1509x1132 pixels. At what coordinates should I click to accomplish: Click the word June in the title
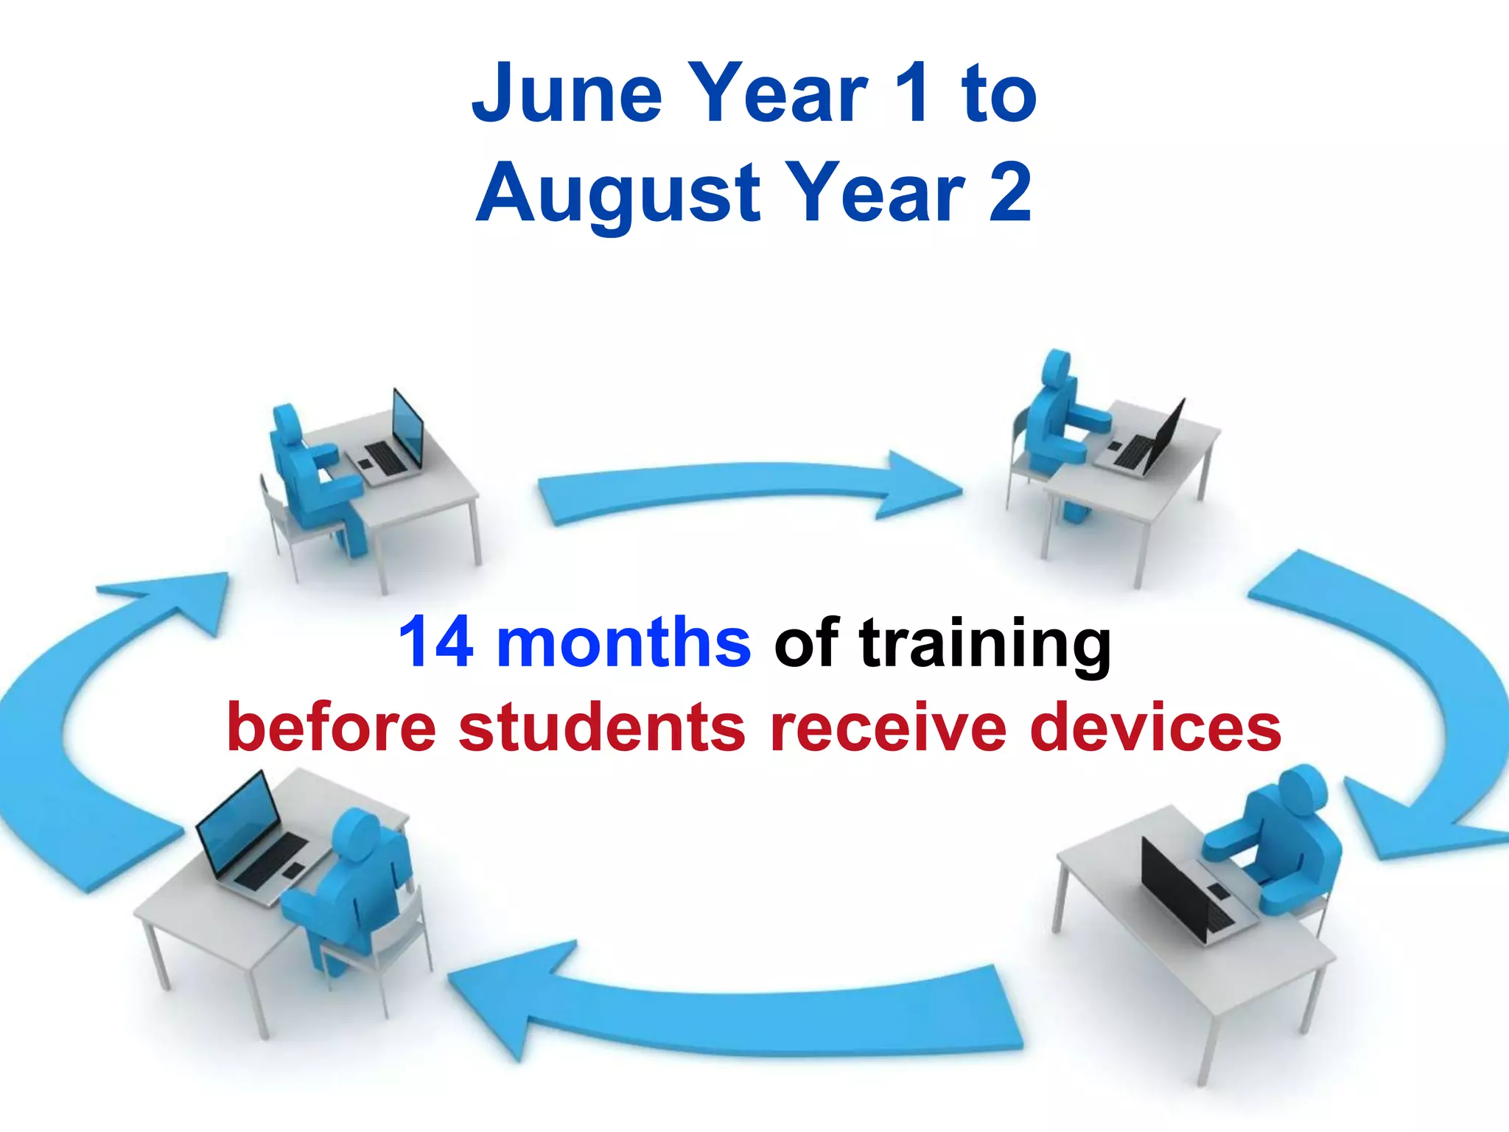click(x=567, y=94)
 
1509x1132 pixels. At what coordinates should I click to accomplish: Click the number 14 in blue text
click(x=435, y=642)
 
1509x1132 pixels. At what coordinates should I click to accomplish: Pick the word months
click(x=623, y=642)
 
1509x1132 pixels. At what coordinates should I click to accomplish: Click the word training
click(x=984, y=645)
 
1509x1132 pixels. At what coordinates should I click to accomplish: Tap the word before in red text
click(x=332, y=727)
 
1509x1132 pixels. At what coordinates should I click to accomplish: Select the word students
click(x=602, y=727)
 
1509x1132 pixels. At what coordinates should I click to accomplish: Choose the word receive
click(x=888, y=727)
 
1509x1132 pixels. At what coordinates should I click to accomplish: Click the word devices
click(x=1155, y=727)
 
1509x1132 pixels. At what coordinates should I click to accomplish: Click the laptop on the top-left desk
click(x=391, y=442)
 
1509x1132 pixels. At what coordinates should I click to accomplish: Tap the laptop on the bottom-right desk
click(x=1186, y=892)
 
